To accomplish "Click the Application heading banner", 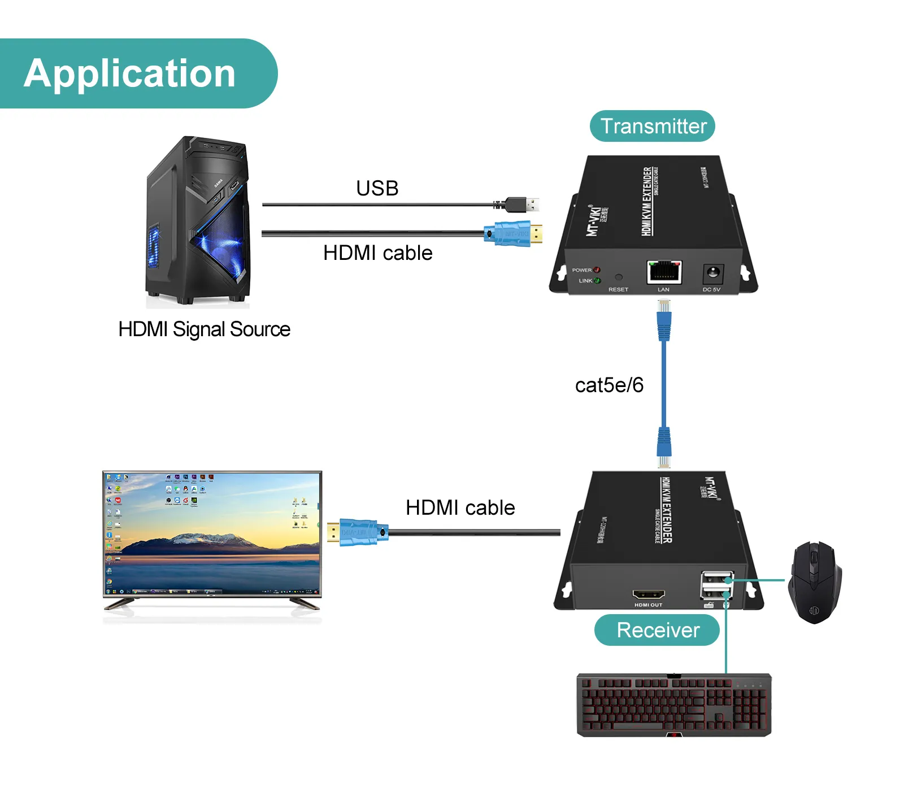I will pyautogui.click(x=130, y=73).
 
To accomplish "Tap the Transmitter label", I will pyautogui.click(x=653, y=126).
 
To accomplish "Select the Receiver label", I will pyautogui.click(x=657, y=630).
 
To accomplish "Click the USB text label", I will pyautogui.click(x=377, y=188).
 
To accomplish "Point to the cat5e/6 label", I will pyautogui.click(x=609, y=385).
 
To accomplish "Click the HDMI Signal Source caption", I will pyautogui.click(x=204, y=329).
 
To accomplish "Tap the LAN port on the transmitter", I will pyautogui.click(x=664, y=272).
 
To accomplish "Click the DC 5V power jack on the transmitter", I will pyautogui.click(x=712, y=274).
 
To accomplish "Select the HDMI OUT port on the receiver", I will pyautogui.click(x=648, y=594).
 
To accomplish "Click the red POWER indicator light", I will pyautogui.click(x=597, y=270).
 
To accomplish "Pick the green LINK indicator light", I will pyautogui.click(x=597, y=280).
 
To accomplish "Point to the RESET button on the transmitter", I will pyautogui.click(x=618, y=277).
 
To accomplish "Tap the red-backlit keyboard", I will pyautogui.click(x=674, y=705).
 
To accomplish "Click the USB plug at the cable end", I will pyautogui.click(x=522, y=204).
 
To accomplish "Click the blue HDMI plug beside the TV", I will pyautogui.click(x=358, y=532).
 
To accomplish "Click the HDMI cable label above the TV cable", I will pyautogui.click(x=460, y=507).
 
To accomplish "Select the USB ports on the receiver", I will pyautogui.click(x=717, y=585).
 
